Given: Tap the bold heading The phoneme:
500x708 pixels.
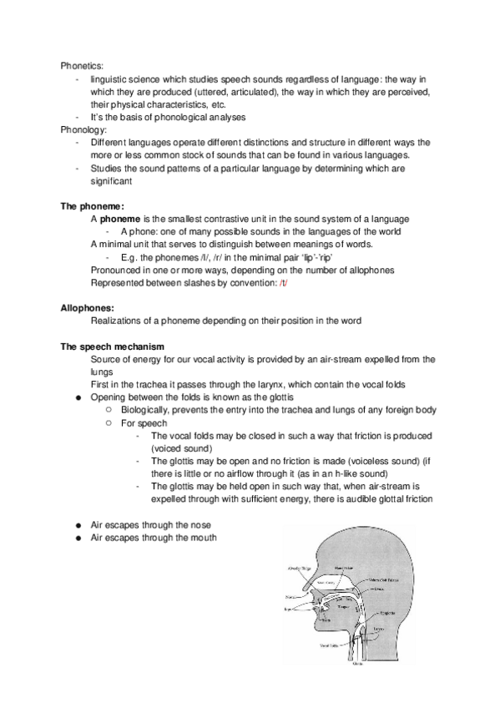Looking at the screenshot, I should tap(93, 205).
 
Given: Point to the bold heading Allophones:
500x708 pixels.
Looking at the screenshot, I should tap(88, 308).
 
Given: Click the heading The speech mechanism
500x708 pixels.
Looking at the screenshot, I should tap(112, 346).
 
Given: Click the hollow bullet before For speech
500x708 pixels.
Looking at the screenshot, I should tap(109, 423).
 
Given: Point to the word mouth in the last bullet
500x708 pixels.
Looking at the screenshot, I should tap(203, 538).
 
